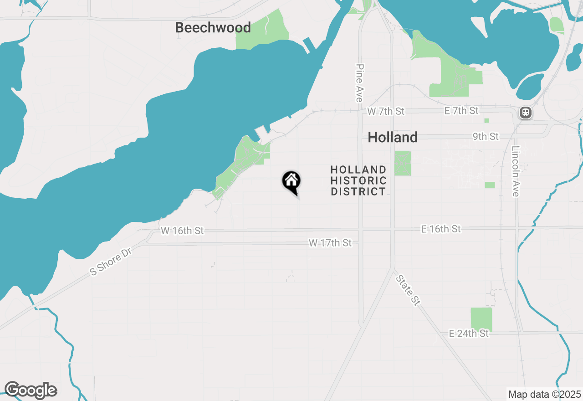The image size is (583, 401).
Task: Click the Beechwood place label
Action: click(x=213, y=28)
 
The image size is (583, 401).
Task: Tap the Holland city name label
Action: click(x=392, y=137)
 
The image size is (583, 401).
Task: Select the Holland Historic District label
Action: click(x=358, y=181)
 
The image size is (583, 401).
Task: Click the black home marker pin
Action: click(x=291, y=181)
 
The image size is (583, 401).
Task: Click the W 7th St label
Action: click(x=386, y=111)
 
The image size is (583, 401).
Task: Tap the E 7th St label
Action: click(x=462, y=111)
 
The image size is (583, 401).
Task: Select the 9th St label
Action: click(x=486, y=137)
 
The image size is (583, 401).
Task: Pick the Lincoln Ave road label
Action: click(x=515, y=171)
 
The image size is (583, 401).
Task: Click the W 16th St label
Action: click(x=182, y=231)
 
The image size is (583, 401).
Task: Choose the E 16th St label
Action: click(x=441, y=229)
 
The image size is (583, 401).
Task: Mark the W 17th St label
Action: click(x=330, y=243)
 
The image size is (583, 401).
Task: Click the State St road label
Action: click(x=407, y=290)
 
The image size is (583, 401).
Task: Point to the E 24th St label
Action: click(x=469, y=334)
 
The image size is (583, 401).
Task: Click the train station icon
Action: click(x=526, y=112)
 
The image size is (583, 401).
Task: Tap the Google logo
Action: click(x=31, y=391)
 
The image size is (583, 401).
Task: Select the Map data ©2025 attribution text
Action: click(x=545, y=394)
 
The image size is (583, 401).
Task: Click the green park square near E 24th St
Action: click(x=481, y=319)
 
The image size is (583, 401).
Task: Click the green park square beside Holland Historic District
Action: click(x=402, y=164)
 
